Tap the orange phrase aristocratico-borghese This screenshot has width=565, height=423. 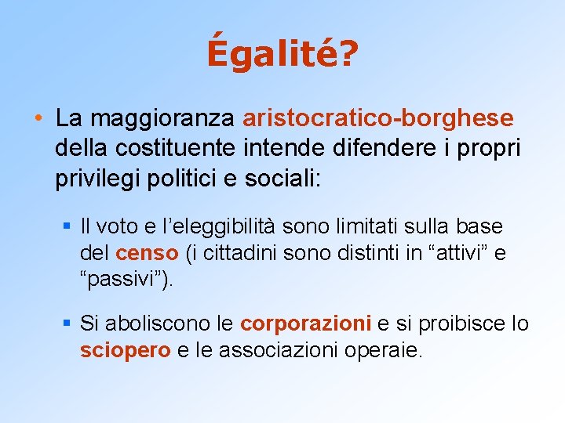pyautogui.click(x=378, y=118)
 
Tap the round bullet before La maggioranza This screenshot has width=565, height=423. pyautogui.click(x=38, y=119)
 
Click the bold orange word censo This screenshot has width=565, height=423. pyautogui.click(x=147, y=254)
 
